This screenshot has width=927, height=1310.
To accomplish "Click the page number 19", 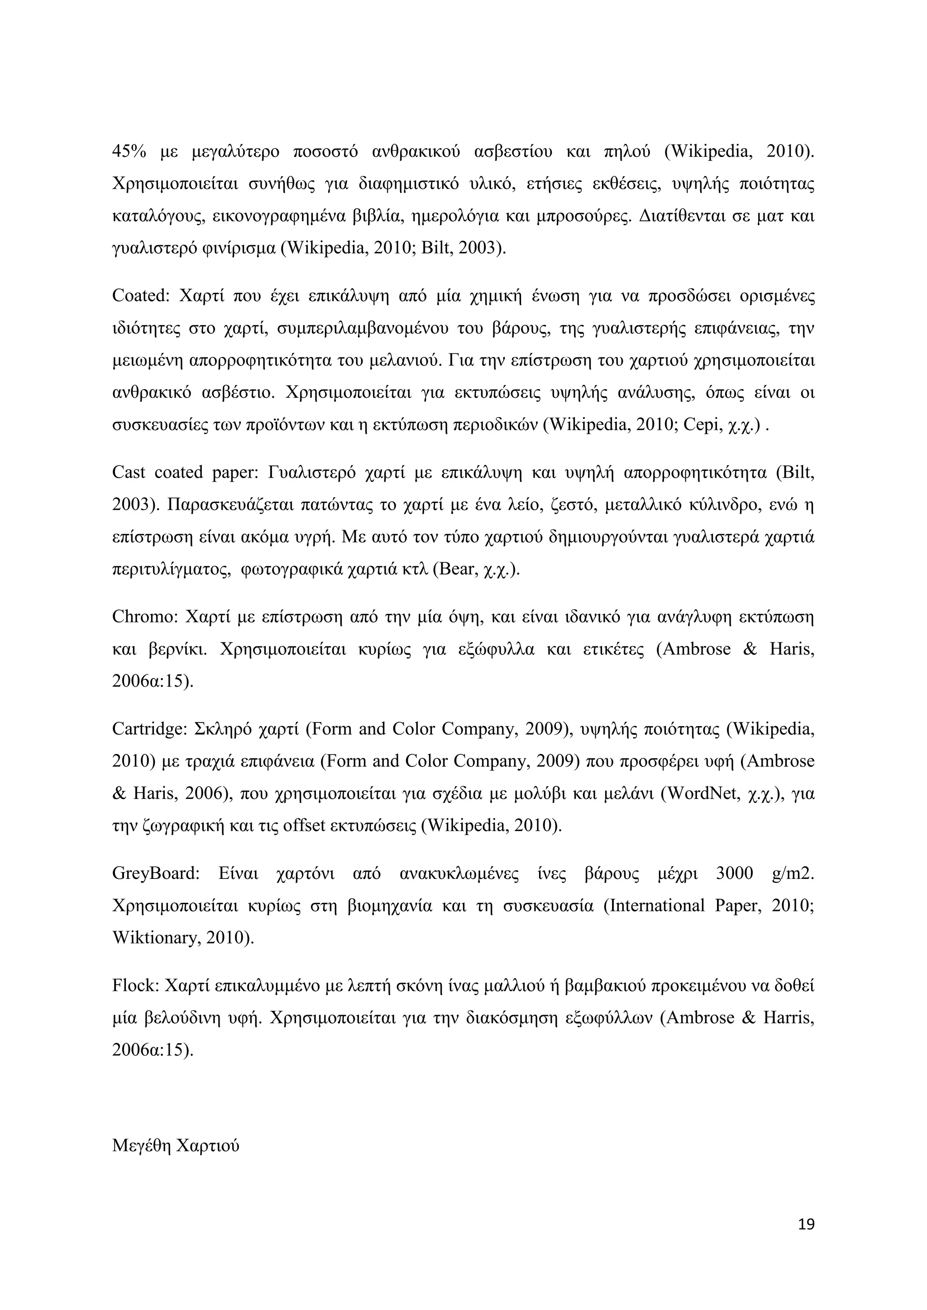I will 806,1224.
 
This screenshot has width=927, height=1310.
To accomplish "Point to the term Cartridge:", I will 149,729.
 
